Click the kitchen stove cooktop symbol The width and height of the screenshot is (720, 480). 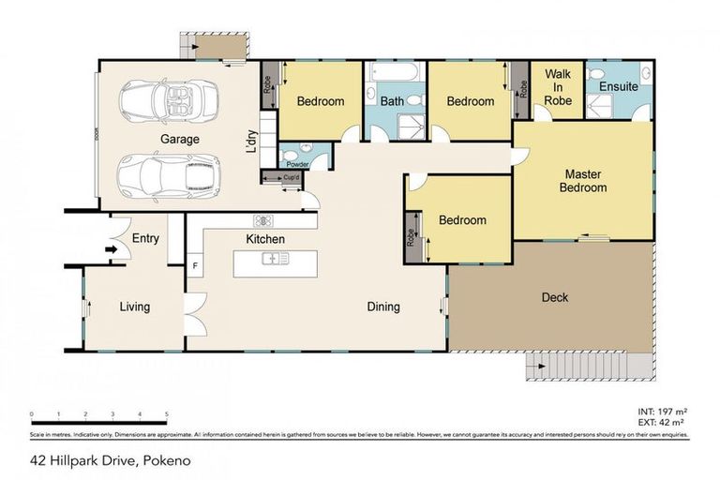[x=262, y=222]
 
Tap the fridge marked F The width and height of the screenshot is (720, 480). [x=195, y=265]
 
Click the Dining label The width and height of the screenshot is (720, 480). [x=382, y=307]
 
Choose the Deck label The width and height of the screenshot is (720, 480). [x=555, y=298]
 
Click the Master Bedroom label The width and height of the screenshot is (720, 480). [x=583, y=180]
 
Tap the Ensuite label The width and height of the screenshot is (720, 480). [x=619, y=87]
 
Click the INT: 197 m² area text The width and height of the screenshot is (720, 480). [x=660, y=412]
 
